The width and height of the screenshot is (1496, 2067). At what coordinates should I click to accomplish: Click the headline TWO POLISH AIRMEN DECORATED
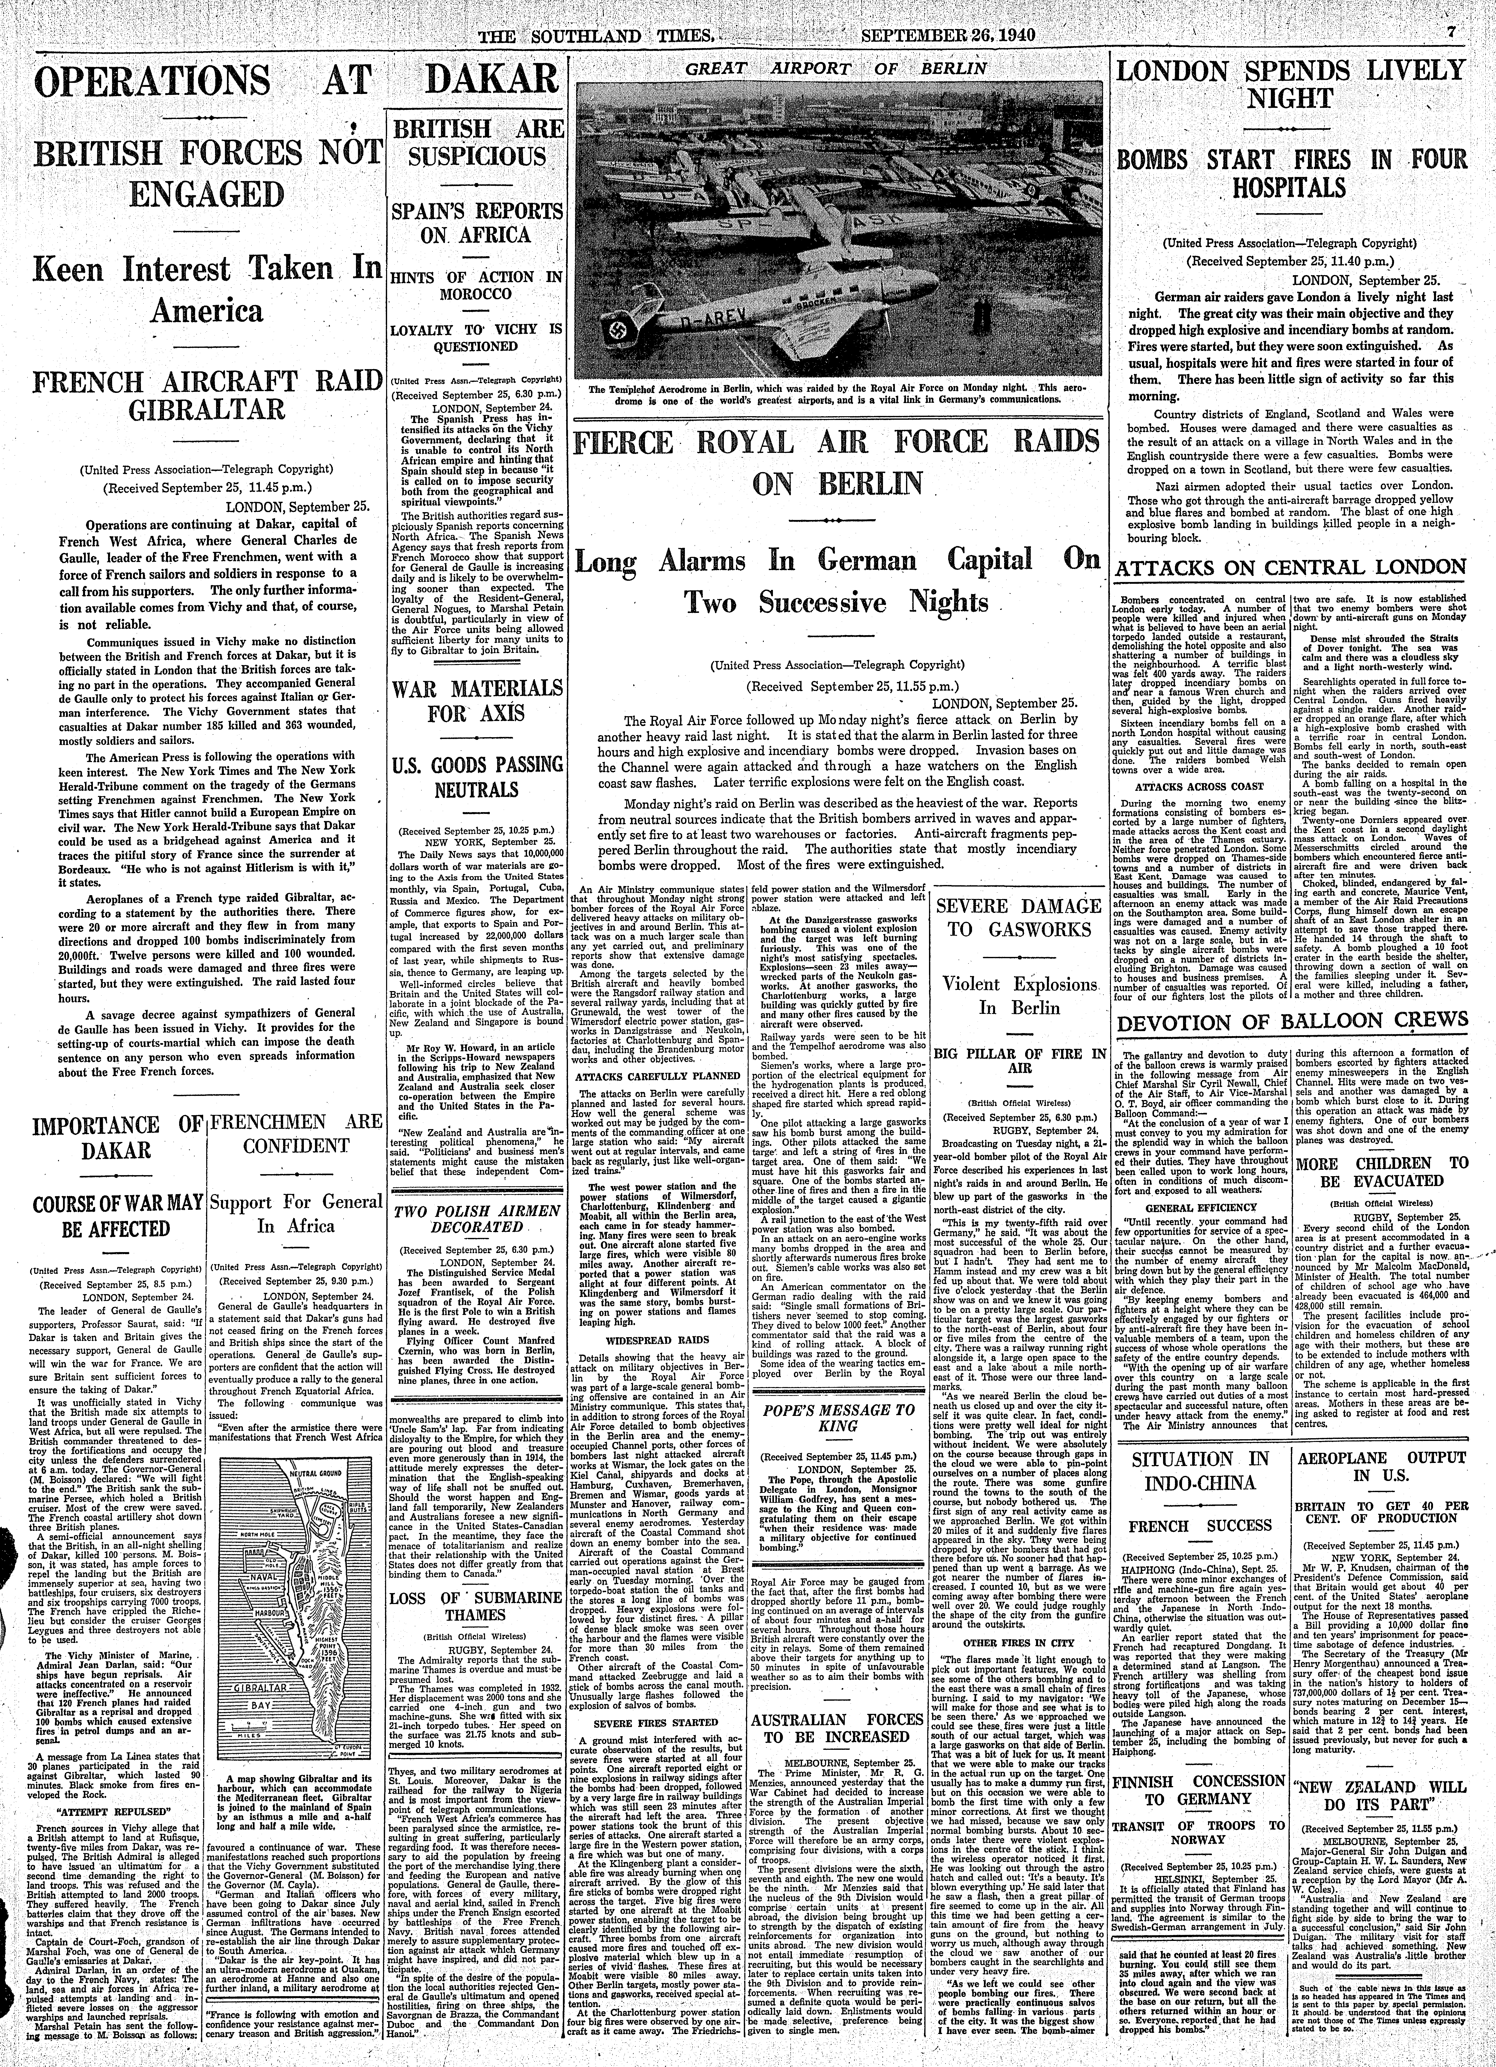click(476, 1219)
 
